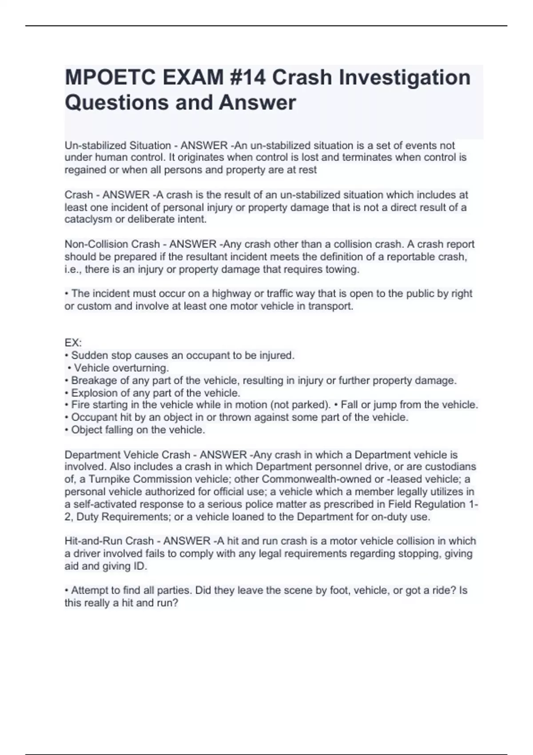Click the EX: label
(x=73, y=343)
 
